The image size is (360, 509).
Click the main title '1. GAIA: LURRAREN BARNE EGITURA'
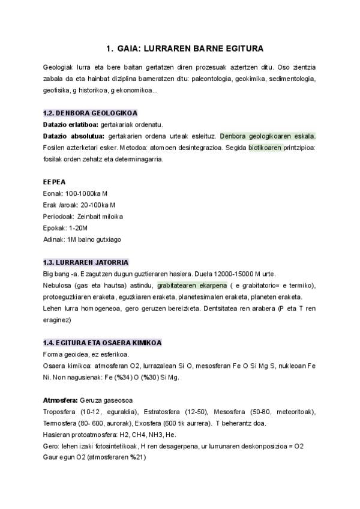click(180, 48)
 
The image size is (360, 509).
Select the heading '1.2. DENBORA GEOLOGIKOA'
click(90, 113)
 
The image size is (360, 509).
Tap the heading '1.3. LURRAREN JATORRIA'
click(86, 262)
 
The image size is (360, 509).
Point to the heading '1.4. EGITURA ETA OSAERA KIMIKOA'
click(103, 343)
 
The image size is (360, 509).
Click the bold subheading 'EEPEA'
click(55, 182)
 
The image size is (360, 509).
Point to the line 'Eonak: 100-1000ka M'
click(76, 193)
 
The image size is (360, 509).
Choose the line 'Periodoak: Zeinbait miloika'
click(83, 216)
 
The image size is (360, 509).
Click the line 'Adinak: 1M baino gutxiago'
click(82, 239)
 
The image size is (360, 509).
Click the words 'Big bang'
click(56, 274)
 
